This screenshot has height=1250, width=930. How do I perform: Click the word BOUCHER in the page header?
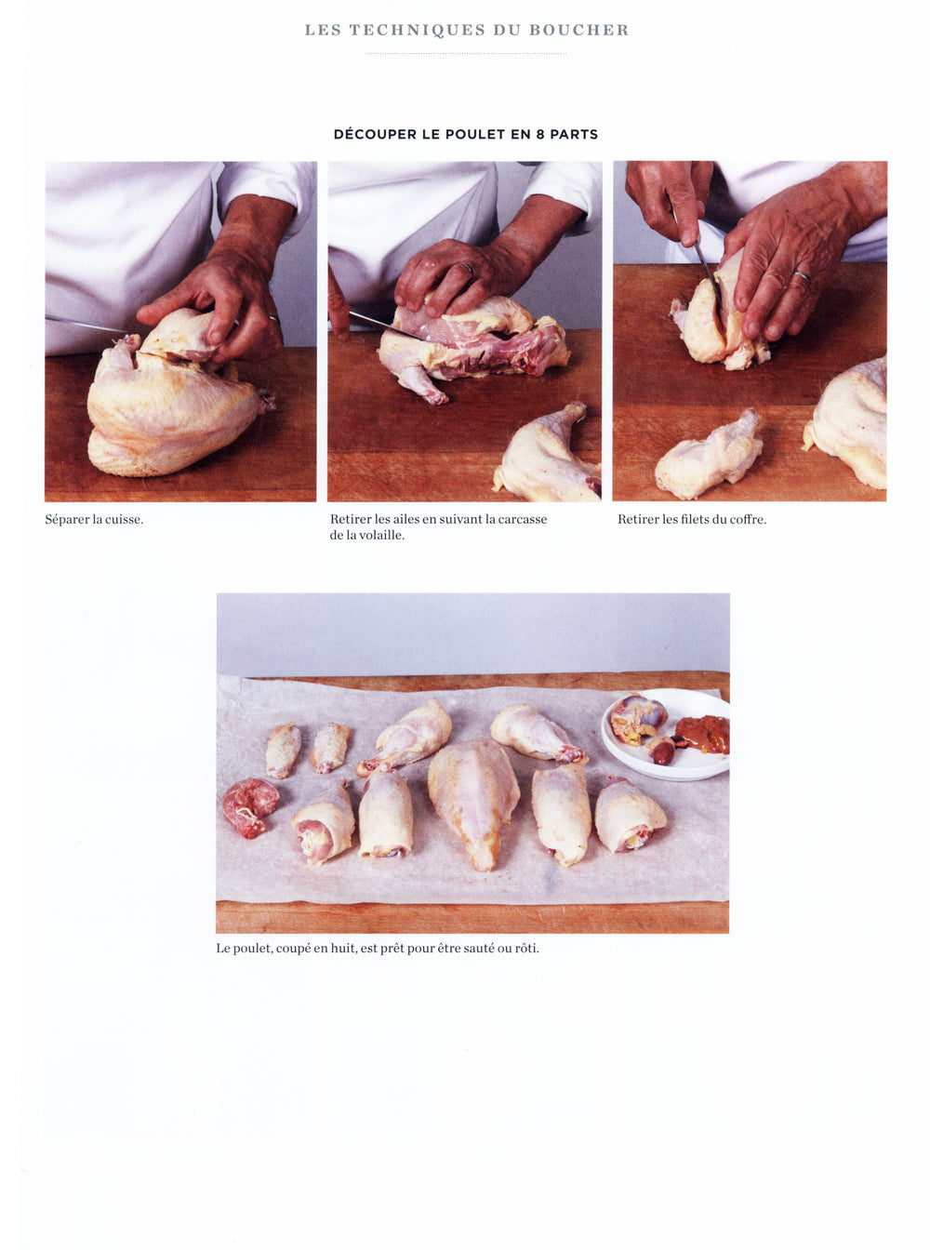[578, 30]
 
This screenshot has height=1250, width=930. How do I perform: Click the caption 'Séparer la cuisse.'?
[94, 520]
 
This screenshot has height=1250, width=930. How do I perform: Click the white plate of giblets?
[666, 734]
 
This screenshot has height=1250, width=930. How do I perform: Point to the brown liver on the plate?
[703, 734]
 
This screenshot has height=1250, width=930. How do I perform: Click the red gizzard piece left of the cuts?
[250, 806]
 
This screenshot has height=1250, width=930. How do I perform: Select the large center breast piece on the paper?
[473, 803]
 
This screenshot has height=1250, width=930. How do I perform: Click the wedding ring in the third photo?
[803, 277]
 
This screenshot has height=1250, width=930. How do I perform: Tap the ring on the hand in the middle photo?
[468, 268]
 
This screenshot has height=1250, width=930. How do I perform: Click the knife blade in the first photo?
[86, 324]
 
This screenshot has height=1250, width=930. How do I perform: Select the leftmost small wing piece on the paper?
[283, 751]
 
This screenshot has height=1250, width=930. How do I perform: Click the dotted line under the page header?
[466, 54]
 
